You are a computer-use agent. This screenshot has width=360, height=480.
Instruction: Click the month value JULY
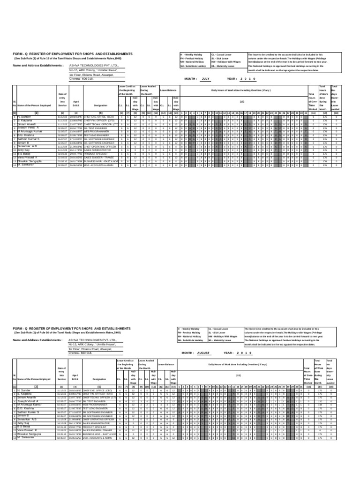pos(205,79)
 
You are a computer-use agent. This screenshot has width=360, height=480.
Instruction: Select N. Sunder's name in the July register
pos(24,115)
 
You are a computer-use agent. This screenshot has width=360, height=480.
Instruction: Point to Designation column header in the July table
pos(100,106)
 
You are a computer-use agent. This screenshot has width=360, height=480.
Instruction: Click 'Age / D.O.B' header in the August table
pos(75,379)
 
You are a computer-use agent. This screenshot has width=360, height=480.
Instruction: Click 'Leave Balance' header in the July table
pos(168,90)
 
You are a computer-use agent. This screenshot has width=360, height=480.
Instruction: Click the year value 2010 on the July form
pos(247,79)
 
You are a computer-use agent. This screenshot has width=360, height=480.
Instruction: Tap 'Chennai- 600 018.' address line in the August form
pos(81,352)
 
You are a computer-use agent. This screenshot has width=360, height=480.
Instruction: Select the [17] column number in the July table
pos(324,112)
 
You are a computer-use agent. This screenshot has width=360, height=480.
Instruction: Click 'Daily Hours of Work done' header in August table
pos(238,364)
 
